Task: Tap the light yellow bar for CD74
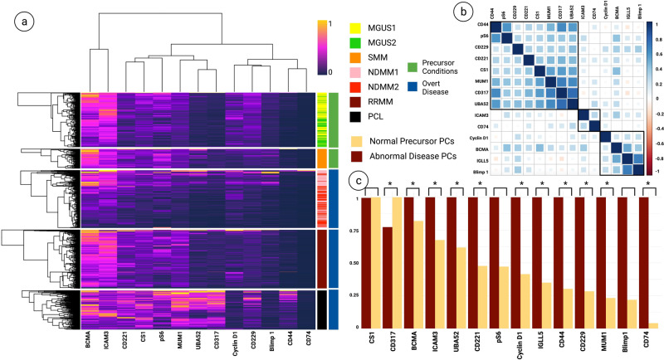[x=652, y=324]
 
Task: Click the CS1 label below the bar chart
[x=370, y=340]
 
